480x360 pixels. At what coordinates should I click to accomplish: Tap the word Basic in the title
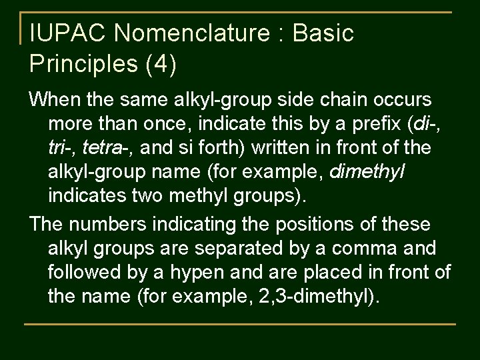[x=323, y=33]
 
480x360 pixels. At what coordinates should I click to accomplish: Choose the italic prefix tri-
[x=60, y=149]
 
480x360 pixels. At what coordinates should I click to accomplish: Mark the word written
[x=273, y=149]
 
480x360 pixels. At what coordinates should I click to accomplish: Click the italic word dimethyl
[x=367, y=173]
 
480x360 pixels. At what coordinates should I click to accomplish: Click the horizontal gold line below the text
[x=240, y=324]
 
